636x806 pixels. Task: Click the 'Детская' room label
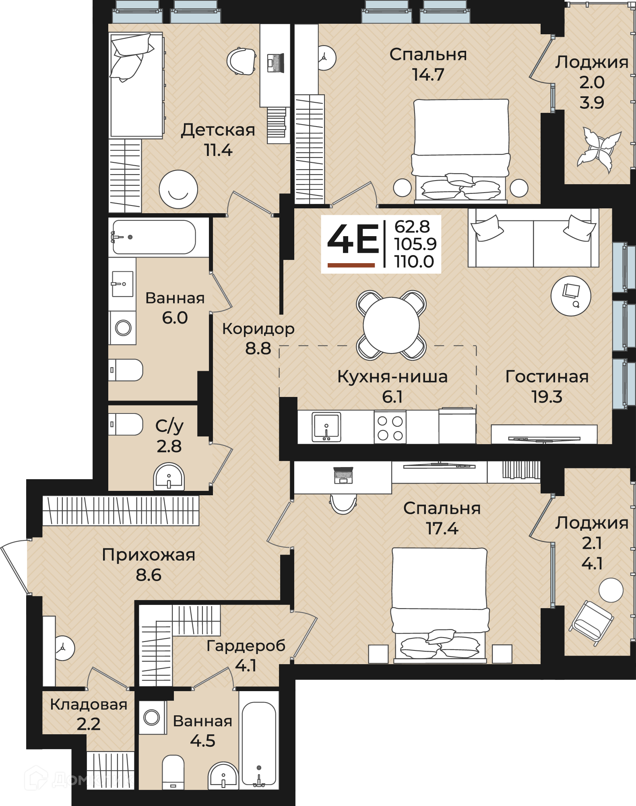pyautogui.click(x=218, y=130)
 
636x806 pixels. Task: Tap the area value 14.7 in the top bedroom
pyautogui.click(x=428, y=75)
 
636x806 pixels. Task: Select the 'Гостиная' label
pyautogui.click(x=547, y=377)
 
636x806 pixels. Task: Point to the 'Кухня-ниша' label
pyautogui.click(x=392, y=377)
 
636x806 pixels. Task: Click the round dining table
pyautogui.click(x=391, y=325)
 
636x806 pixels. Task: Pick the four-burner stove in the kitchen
pyautogui.click(x=390, y=427)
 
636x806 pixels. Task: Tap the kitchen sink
pyautogui.click(x=326, y=427)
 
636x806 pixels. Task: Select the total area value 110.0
pyautogui.click(x=414, y=262)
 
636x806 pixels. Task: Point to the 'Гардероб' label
pyautogui.click(x=246, y=646)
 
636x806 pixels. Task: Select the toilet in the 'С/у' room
pyautogui.click(x=126, y=424)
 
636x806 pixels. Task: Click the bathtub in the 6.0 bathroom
pyautogui.click(x=153, y=237)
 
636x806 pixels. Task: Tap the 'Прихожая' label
pyautogui.click(x=148, y=555)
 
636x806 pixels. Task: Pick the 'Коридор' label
pyautogui.click(x=258, y=329)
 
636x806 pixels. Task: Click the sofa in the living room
pyautogui.click(x=533, y=238)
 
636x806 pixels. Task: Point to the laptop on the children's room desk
pyautogui.click(x=276, y=63)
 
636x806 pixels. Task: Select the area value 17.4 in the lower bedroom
pyautogui.click(x=442, y=529)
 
